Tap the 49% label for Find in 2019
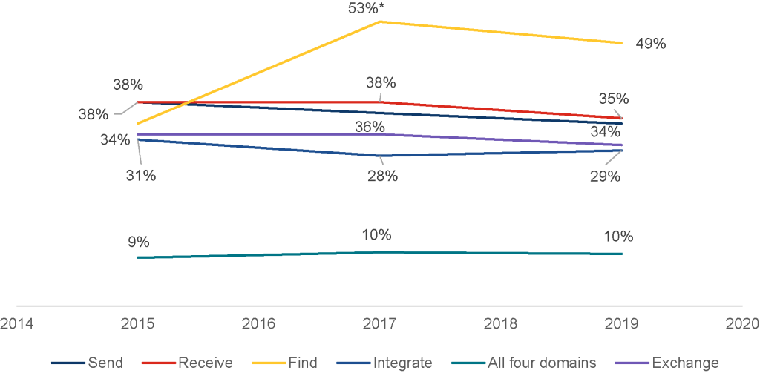click(x=650, y=44)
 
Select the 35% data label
click(x=615, y=99)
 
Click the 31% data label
click(x=140, y=176)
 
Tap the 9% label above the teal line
click(x=138, y=242)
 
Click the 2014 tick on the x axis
click(x=16, y=323)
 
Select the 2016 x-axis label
click(x=258, y=323)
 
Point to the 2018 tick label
click(x=500, y=323)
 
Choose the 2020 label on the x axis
click(x=742, y=323)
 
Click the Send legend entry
click(x=105, y=363)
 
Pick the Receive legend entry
click(x=205, y=363)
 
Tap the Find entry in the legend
click(x=304, y=363)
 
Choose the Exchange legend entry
click(x=684, y=363)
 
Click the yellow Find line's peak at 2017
click(x=380, y=22)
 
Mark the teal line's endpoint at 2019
click(x=622, y=254)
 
